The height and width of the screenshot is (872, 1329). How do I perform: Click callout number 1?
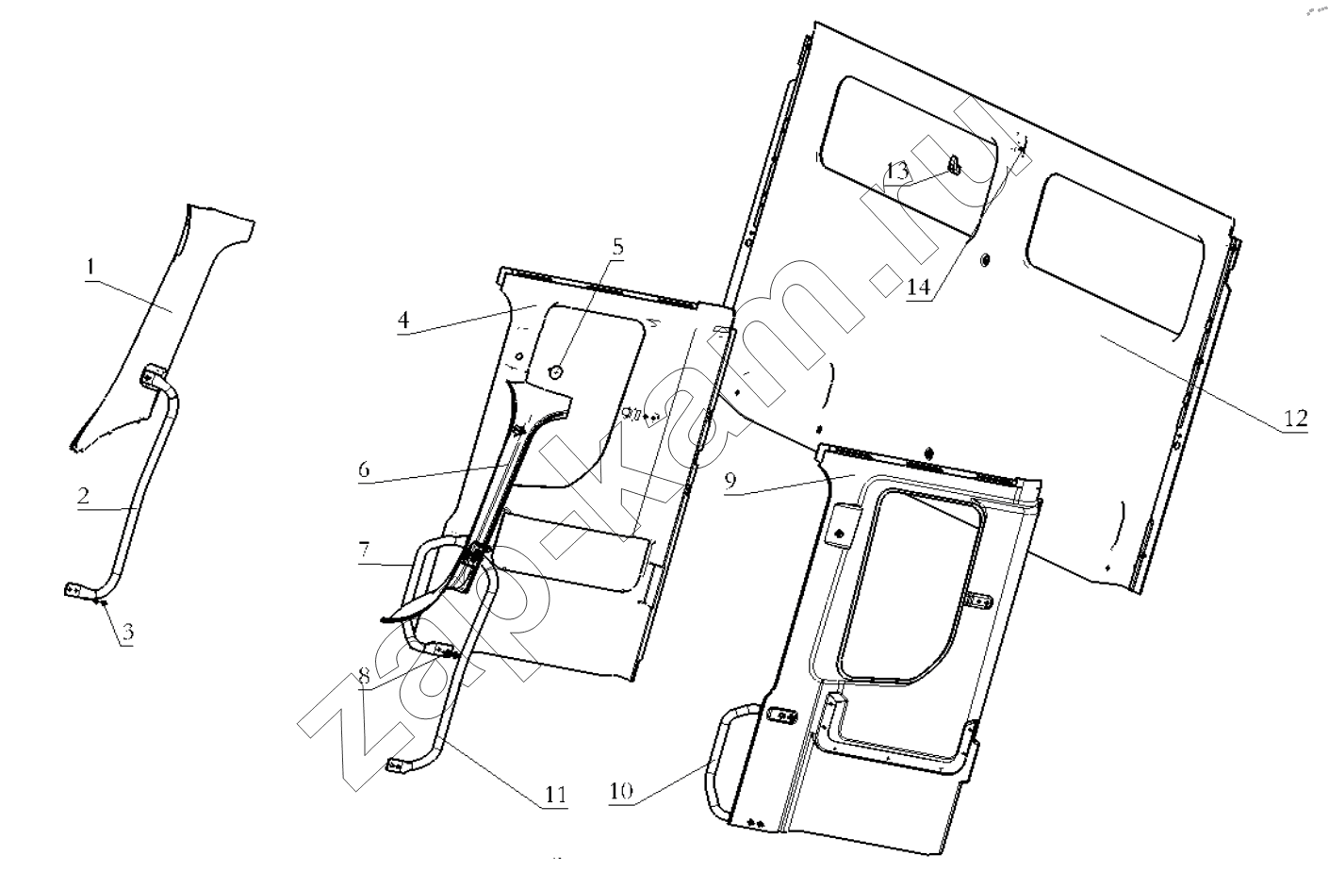91,267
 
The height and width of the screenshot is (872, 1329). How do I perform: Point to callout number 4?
403,320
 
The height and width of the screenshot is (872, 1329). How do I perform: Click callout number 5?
617,247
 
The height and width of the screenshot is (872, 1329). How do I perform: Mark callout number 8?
364,676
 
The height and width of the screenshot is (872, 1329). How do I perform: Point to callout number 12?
1296,418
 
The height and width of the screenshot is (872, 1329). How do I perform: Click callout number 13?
897,172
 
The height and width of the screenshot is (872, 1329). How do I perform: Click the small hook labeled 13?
954,167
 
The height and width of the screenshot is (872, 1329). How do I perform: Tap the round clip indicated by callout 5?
555,371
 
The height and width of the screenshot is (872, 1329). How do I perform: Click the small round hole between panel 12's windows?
985,259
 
